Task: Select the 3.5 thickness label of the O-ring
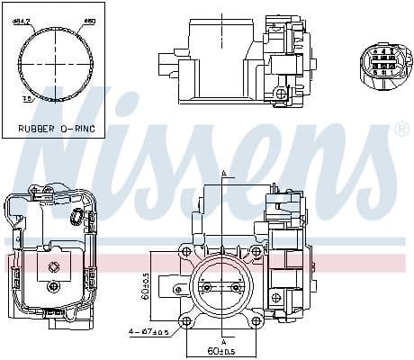(x=26, y=99)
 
